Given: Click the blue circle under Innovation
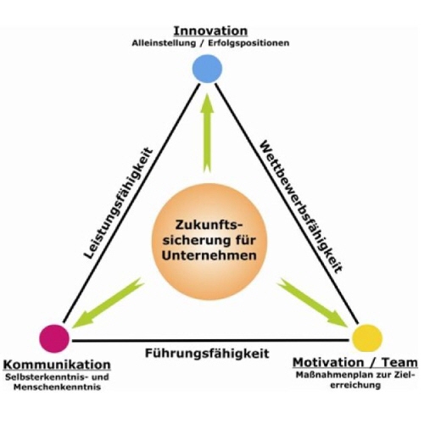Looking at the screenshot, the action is pos(207,69).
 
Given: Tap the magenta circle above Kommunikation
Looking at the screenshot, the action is pos(54,338).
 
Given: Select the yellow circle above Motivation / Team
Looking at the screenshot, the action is pos(367,338).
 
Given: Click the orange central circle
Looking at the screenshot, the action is pos(209,242).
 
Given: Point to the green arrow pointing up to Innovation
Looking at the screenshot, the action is pos(208,133).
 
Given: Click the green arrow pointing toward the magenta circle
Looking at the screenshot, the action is pos(108,303).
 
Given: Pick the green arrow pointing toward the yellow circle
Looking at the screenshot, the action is pos(312,303).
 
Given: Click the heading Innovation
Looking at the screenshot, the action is pos(210,31).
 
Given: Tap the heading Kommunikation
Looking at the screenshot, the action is pos(57,365).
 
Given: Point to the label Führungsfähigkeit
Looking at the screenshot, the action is pos(207,353).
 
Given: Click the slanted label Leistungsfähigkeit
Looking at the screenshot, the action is pos(119,203).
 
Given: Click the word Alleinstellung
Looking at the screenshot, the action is pos(164,43).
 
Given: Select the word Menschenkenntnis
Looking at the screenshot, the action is pos(57,387).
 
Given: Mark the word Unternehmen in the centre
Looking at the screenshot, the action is pos(209,256).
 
